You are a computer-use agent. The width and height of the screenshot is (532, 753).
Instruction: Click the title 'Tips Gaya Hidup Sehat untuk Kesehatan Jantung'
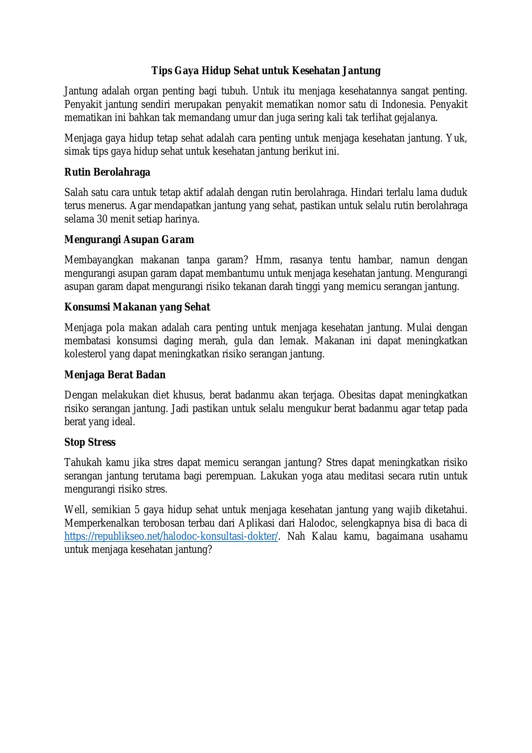266,71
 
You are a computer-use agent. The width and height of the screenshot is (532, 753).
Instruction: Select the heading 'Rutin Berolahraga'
107,172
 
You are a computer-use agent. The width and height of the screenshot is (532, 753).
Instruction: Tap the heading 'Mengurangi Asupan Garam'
129,240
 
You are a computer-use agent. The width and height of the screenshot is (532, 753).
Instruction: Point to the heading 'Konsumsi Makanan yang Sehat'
137,307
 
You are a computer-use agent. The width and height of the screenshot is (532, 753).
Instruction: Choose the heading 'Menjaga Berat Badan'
115,375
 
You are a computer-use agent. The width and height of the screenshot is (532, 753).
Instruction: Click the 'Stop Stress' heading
90,443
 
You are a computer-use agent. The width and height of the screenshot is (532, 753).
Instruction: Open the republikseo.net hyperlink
171,537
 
